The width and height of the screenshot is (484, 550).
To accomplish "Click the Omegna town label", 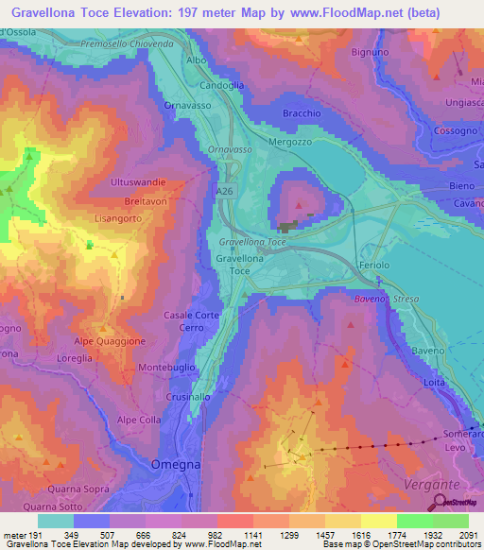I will pos(173,464).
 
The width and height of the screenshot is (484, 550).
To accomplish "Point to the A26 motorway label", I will pos(224,192).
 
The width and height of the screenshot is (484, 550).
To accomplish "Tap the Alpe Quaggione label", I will pos(111,341).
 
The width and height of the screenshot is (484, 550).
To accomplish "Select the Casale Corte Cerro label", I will pos(192,320).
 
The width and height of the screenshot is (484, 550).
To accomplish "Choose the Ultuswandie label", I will pos(138,180).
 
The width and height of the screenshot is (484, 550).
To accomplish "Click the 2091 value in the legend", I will pos(451,534).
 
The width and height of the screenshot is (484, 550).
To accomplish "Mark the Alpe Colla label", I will pos(139,420).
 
